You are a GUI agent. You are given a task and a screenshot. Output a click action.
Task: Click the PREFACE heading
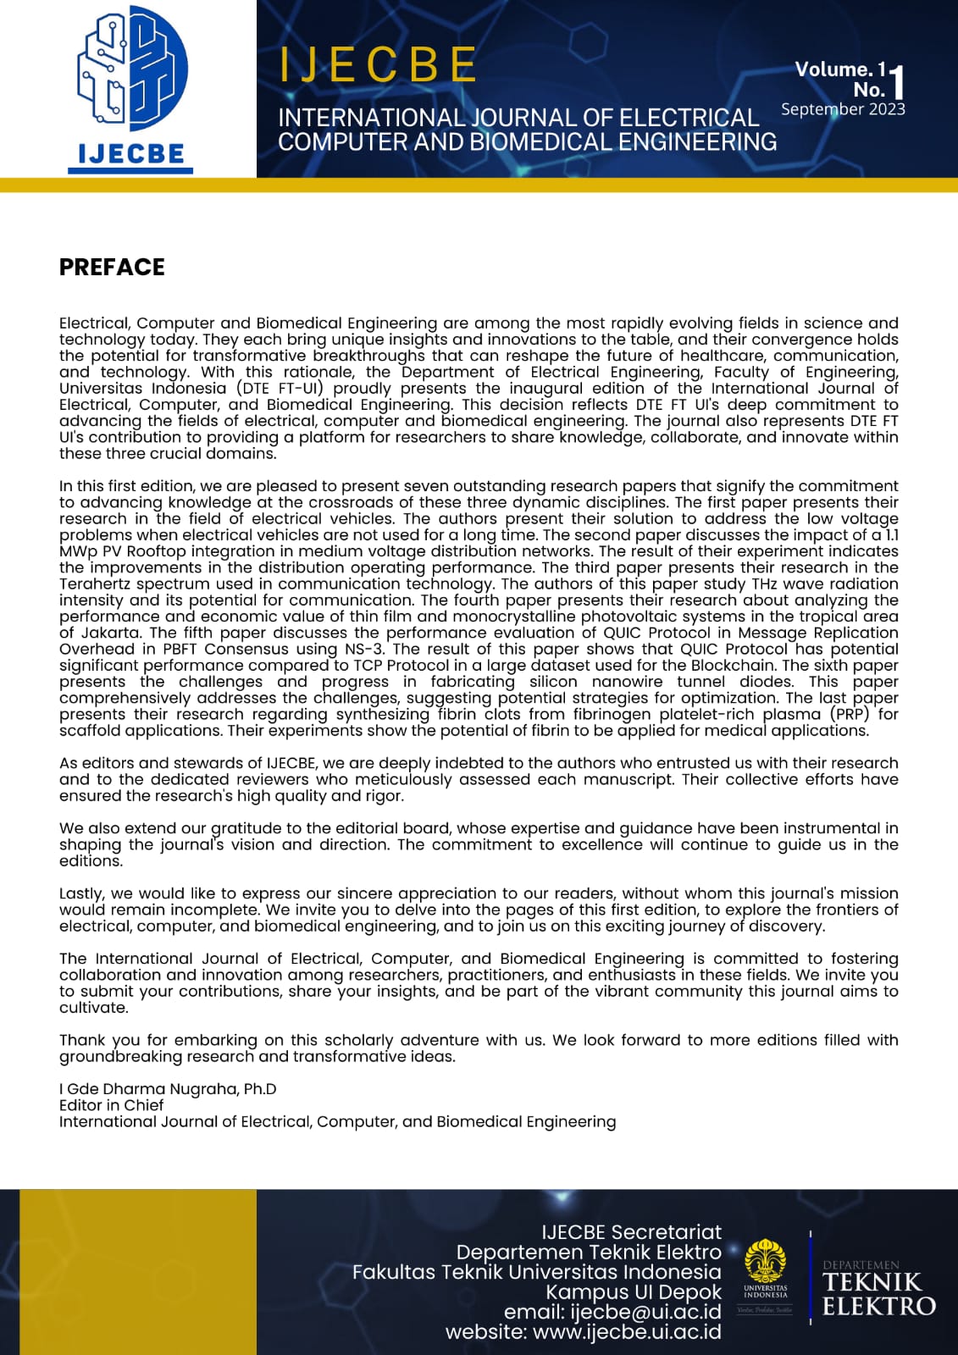click(x=112, y=267)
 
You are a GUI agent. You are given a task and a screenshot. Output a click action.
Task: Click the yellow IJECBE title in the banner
click(x=378, y=65)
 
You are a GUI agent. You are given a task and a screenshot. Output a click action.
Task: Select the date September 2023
click(x=843, y=109)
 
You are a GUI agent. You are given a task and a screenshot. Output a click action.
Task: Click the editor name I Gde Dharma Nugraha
click(x=168, y=1089)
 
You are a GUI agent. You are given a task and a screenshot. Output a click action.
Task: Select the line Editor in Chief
click(x=111, y=1105)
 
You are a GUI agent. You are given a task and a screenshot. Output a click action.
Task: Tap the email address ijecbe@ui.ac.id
click(x=645, y=1312)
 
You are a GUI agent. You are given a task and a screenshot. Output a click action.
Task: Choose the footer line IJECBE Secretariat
click(x=631, y=1232)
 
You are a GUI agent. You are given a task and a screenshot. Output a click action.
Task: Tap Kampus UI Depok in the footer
click(x=634, y=1292)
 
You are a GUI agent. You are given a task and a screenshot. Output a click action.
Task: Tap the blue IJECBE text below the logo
click(x=130, y=153)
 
